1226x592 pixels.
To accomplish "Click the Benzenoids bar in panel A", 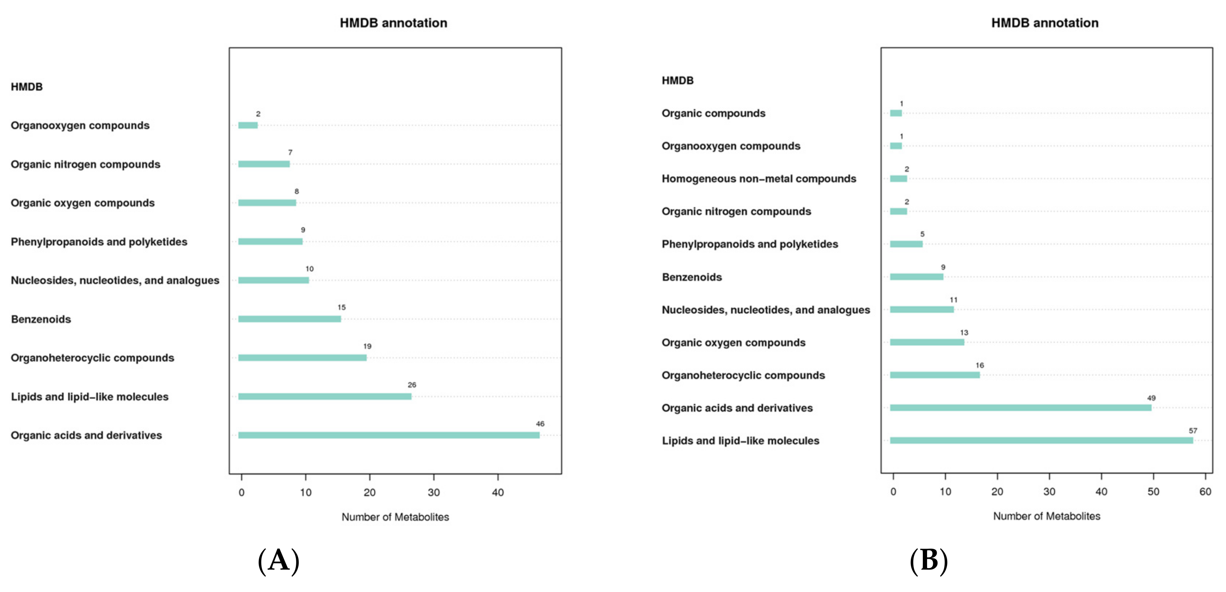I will click(289, 319).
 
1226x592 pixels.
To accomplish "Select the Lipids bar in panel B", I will click(1041, 441).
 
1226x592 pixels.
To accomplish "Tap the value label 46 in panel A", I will click(540, 424).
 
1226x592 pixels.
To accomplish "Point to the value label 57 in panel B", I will click(1193, 431).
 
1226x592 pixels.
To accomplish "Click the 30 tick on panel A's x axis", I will click(433, 492).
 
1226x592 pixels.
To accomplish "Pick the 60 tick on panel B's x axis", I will click(1205, 492).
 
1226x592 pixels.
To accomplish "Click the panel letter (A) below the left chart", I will click(278, 561).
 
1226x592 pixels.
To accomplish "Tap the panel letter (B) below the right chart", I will click(929, 561).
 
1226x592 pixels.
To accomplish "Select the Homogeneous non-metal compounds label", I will click(759, 178).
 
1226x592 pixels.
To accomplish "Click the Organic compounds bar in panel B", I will click(896, 113).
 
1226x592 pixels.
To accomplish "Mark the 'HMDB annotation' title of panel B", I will click(1045, 23).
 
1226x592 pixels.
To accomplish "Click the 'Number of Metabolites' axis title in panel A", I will click(395, 517).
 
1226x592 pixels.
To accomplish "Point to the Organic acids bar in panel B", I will click(1021, 408).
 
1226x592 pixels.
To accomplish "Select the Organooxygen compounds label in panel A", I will click(80, 125).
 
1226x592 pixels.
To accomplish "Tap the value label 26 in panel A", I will click(412, 385).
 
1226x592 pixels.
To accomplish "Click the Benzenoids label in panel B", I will click(691, 277).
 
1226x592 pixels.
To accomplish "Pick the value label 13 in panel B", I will click(964, 332).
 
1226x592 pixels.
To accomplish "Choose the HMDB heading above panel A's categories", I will click(27, 87).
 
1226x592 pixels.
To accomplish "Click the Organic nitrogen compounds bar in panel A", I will click(264, 164).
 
